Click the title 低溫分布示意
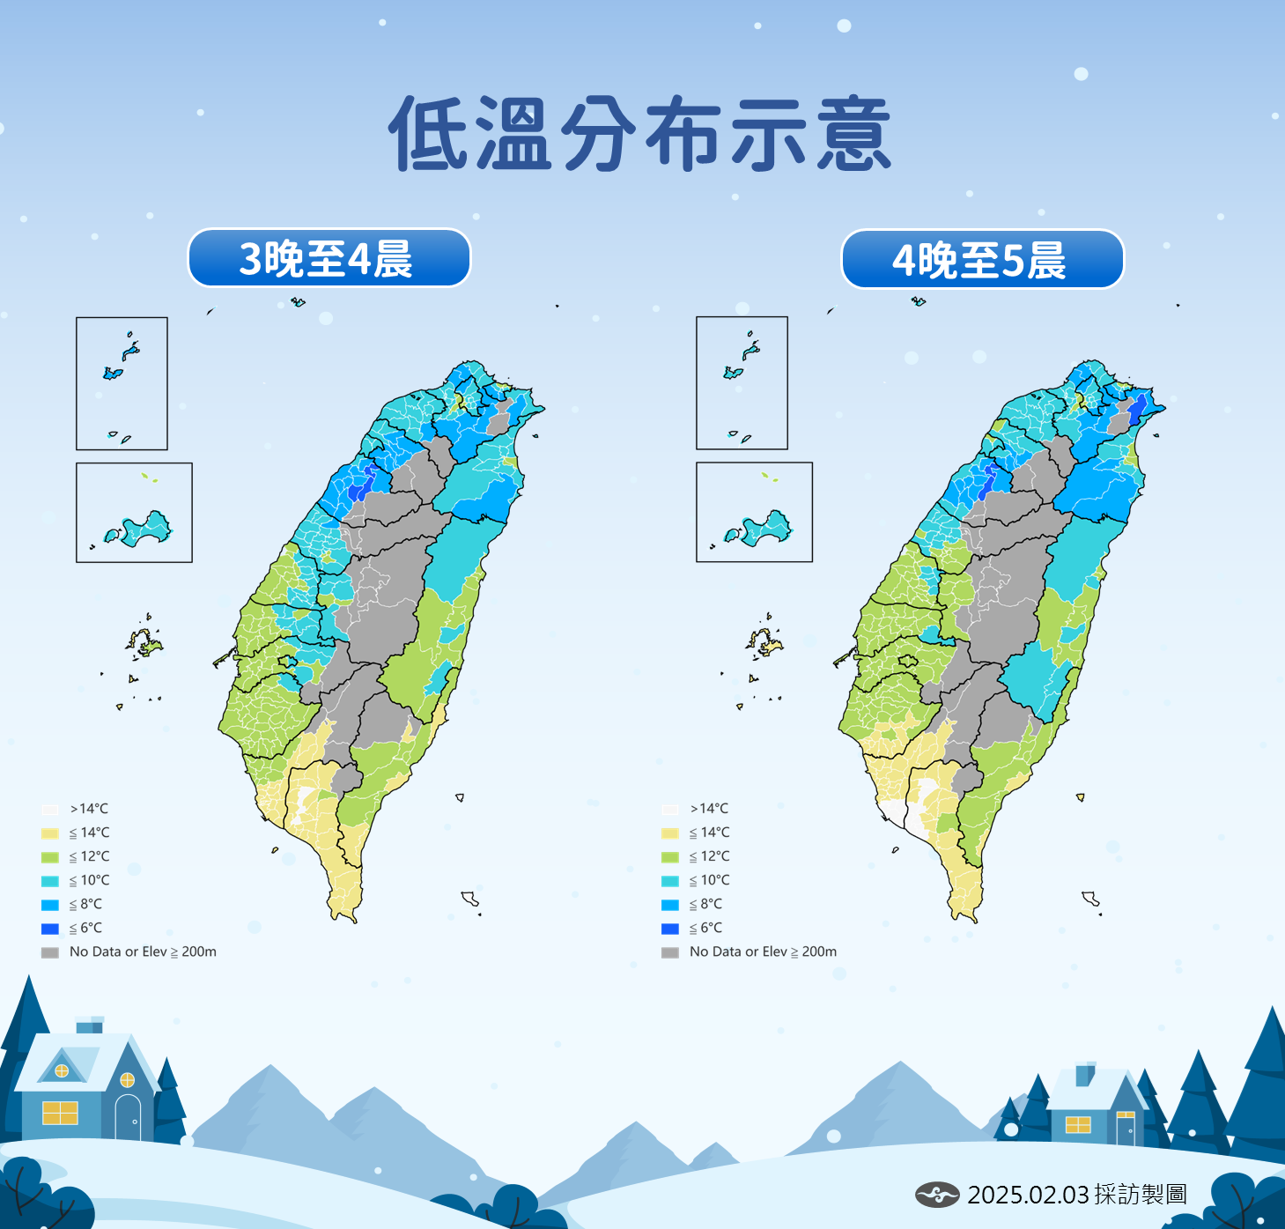(641, 134)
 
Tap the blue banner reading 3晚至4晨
(329, 258)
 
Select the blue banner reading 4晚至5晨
(982, 259)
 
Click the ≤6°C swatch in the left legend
(50, 929)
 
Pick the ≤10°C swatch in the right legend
(670, 881)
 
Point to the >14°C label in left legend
(90, 809)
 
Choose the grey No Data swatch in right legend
(670, 952)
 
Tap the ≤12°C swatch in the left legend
(50, 857)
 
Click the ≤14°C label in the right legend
(710, 833)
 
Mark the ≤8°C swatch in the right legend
(670, 905)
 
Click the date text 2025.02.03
(1028, 1195)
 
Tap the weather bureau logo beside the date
(936, 1195)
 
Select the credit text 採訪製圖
(1141, 1195)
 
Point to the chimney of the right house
(1085, 1075)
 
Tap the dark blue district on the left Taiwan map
(358, 487)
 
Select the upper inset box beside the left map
(122, 383)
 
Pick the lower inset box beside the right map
(754, 512)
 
